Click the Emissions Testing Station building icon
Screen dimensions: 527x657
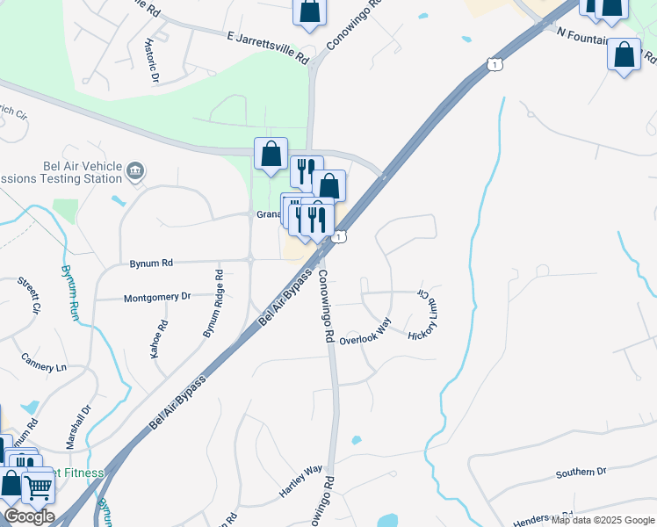(135, 170)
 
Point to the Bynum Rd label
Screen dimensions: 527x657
(151, 263)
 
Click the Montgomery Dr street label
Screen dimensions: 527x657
(157, 298)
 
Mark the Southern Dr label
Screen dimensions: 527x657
(581, 473)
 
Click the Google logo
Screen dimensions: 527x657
(29, 516)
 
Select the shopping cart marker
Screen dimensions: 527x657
(38, 486)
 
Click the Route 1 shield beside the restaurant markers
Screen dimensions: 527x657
(339, 237)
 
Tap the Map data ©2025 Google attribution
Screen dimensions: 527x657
(603, 520)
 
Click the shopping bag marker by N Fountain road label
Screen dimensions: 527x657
(624, 54)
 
